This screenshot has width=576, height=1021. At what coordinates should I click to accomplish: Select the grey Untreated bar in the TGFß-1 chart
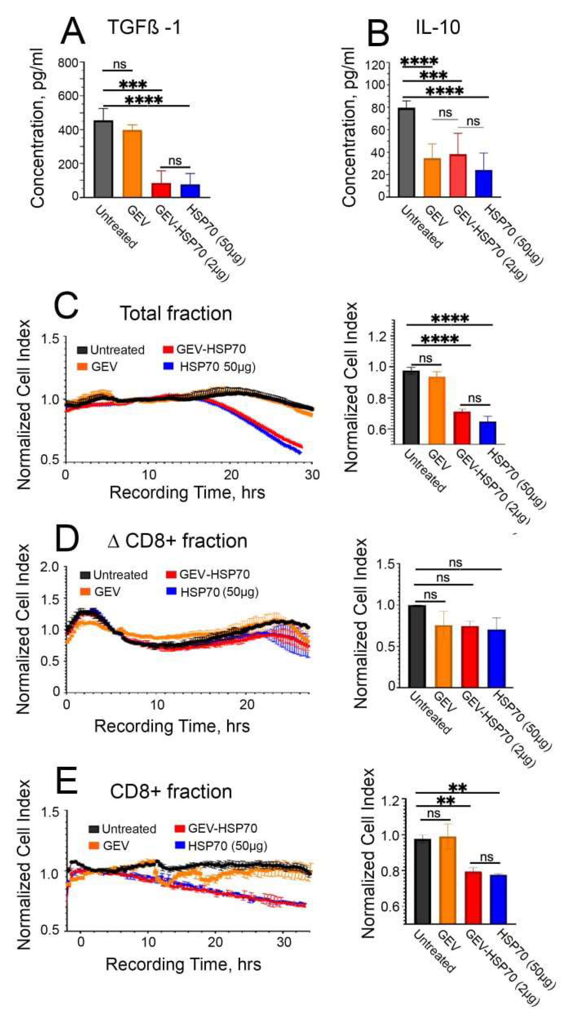[x=103, y=158]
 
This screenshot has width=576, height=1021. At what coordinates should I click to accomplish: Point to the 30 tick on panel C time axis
[x=312, y=475]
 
